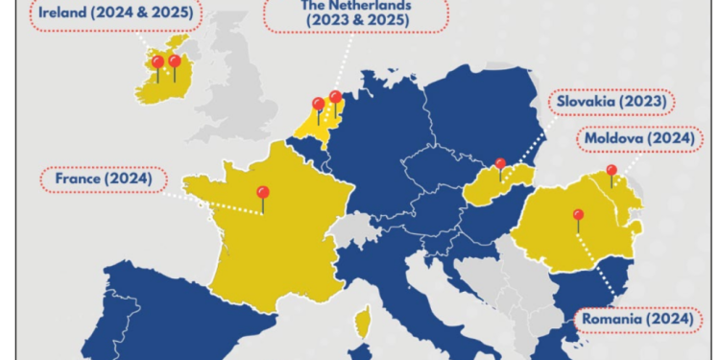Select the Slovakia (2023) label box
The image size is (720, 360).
click(610, 102)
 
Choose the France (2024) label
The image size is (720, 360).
click(103, 179)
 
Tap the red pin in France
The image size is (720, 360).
click(262, 193)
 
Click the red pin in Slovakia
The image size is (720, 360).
click(500, 165)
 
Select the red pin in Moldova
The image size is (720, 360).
click(612, 172)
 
